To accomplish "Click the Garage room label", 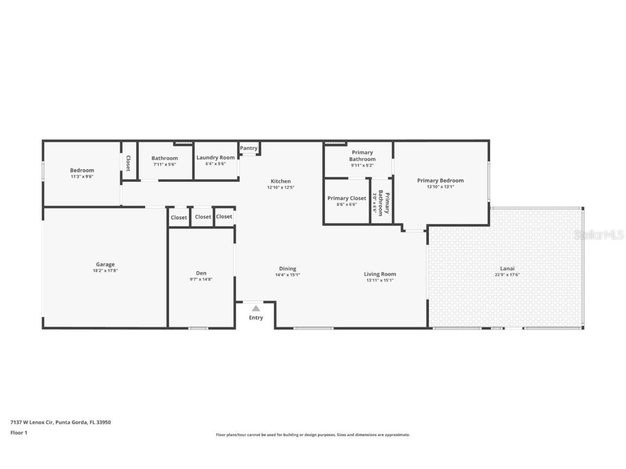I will tap(105, 264).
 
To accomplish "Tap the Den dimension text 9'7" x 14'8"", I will tap(201, 279).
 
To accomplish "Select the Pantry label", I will tap(249, 148).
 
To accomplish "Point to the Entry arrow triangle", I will tap(256, 308).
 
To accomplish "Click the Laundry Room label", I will tap(216, 158).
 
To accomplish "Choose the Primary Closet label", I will tap(347, 198).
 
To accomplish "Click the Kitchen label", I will tap(281, 181).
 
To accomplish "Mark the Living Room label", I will tap(380, 274).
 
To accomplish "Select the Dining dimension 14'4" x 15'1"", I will tap(287, 275).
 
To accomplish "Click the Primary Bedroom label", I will tap(440, 181).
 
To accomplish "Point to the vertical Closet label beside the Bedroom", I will tap(128, 163).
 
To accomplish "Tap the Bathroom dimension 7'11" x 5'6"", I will tap(164, 164).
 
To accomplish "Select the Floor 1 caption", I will tap(18, 433).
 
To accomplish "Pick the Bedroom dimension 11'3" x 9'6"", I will tap(82, 176).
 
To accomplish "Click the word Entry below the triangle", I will tap(256, 318).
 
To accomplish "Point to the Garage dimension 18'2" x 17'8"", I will tap(105, 270).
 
